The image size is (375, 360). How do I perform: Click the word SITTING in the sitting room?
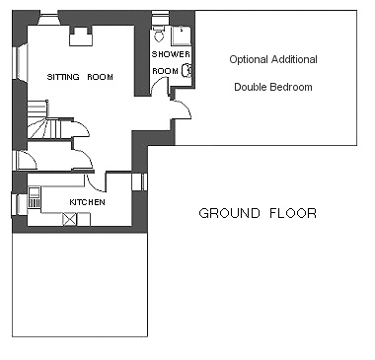click(63, 77)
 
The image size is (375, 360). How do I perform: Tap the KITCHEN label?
click(87, 202)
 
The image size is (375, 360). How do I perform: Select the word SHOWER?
click(171, 54)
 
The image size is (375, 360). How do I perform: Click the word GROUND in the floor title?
click(229, 213)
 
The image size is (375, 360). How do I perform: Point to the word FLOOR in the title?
click(293, 213)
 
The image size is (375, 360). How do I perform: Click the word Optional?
click(249, 59)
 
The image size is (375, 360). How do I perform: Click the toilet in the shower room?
click(159, 34)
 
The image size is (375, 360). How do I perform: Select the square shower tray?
click(181, 36)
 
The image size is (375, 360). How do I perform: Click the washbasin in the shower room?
click(187, 70)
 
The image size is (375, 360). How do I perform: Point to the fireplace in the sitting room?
click(81, 36)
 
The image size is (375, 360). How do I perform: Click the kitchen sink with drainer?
click(35, 197)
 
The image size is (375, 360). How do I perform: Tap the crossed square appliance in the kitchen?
click(70, 219)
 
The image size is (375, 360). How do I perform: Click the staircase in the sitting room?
click(43, 120)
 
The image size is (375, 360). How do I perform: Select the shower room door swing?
click(160, 86)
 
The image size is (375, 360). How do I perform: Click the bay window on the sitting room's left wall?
click(20, 62)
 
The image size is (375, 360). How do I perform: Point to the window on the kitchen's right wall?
click(139, 182)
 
